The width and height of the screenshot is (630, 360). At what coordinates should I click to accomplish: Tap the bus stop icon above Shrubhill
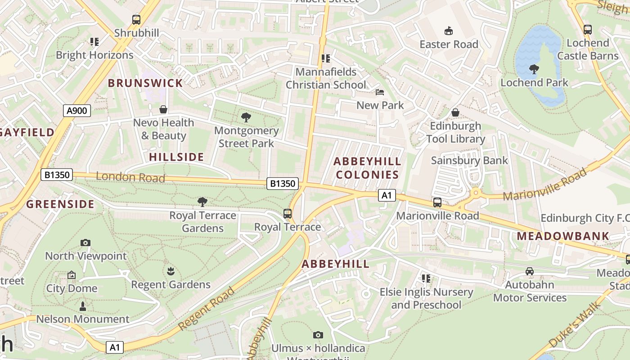[136, 20]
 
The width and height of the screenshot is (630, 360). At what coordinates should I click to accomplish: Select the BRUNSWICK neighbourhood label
[145, 83]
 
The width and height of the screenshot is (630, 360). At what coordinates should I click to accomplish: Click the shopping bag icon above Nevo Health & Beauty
[163, 109]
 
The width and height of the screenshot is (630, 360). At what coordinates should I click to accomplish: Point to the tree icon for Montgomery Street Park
[246, 118]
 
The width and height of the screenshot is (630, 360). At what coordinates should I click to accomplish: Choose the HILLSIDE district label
[176, 157]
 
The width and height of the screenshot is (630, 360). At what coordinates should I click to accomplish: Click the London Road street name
[130, 177]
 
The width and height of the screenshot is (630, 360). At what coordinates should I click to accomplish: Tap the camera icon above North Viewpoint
[85, 243]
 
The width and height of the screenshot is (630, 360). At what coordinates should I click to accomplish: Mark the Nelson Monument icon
[83, 306]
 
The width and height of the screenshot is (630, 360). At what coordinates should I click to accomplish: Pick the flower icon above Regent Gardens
[171, 271]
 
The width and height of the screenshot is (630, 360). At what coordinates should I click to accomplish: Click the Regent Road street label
[207, 308]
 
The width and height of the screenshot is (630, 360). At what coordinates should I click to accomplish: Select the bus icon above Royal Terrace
[288, 214]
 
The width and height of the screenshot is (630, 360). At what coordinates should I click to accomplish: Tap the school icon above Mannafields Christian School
[326, 58]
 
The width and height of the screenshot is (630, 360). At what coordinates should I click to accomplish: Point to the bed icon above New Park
[380, 92]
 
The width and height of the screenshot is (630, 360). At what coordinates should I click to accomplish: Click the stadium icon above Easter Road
[449, 31]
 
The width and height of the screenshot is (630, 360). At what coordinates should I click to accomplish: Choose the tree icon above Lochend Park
[534, 69]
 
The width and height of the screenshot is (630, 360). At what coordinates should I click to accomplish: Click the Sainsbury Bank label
[469, 161]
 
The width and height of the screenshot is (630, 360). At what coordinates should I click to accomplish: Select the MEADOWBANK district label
[562, 236]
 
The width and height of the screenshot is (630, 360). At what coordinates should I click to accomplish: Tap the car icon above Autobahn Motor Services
[530, 271]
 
